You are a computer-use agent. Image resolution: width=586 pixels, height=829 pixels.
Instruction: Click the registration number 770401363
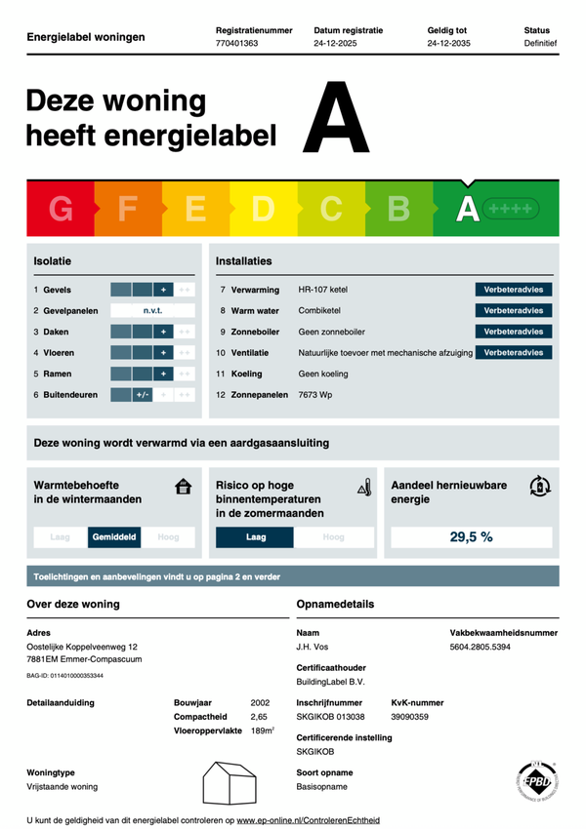(236, 44)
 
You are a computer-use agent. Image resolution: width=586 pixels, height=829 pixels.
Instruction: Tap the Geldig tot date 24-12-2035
(449, 44)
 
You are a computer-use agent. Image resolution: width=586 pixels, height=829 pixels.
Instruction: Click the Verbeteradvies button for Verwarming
(514, 290)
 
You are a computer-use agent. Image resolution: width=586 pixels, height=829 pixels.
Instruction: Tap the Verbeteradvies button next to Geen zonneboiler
(514, 332)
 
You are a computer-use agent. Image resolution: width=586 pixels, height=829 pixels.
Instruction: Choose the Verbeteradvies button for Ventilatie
(514, 352)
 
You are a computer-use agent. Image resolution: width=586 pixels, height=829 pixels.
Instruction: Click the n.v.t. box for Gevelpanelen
(152, 311)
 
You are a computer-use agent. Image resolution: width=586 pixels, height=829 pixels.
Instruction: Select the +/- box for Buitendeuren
(142, 395)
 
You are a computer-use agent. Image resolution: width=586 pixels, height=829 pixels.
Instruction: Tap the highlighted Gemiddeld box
(114, 536)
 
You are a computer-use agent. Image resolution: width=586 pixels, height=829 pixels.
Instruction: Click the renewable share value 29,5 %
(471, 536)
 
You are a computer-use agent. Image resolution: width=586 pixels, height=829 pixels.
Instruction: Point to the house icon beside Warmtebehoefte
(183, 487)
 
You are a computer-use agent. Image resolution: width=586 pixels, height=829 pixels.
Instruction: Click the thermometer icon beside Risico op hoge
(364, 487)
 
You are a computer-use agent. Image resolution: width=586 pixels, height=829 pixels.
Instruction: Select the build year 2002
(260, 702)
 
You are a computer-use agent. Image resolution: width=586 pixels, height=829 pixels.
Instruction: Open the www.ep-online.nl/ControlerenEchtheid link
(308, 820)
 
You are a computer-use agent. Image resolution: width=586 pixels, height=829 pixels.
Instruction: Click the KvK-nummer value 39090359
(410, 717)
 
